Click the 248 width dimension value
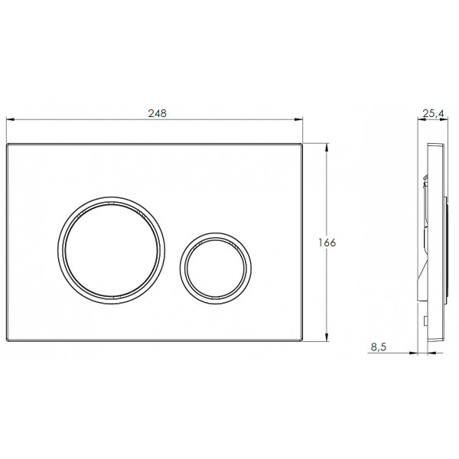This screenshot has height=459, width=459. point(157,113)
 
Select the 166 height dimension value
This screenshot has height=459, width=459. point(327,243)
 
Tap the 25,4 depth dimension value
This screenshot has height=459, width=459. point(433,113)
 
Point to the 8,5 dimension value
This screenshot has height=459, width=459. point(378,347)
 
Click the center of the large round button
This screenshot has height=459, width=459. point(111,251)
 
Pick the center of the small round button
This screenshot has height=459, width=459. point(216,269)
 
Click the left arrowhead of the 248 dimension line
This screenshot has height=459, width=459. point(10,119)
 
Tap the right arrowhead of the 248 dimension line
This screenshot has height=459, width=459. point(299,119)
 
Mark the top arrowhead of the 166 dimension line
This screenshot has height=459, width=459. point(327,147)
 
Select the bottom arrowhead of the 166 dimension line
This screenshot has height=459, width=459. point(327,337)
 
